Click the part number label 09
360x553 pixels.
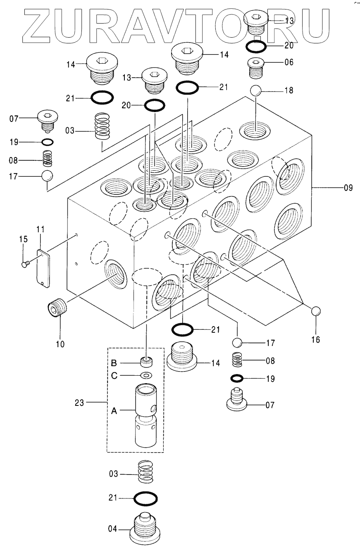point(348,188)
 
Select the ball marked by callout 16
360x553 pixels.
point(316,311)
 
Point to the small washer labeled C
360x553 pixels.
point(146,375)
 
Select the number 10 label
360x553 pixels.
point(60,344)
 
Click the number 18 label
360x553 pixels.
point(288,90)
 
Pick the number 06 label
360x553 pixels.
point(288,62)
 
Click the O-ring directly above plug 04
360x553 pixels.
point(146,498)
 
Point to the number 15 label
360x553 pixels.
point(24,238)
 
